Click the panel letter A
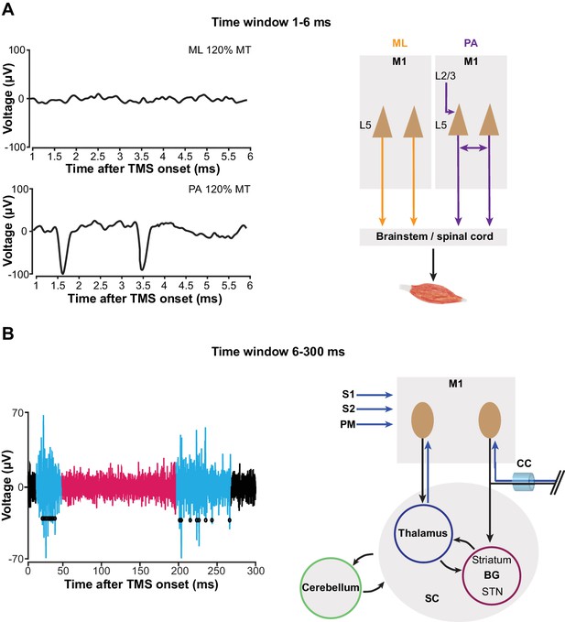tap(8, 9)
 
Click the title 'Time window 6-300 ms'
tap(278, 352)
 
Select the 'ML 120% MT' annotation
tap(220, 50)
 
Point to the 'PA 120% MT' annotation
tap(219, 190)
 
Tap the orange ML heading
tap(399, 43)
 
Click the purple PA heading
tap(471, 43)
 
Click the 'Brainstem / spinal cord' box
tap(433, 237)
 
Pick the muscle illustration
tap(432, 292)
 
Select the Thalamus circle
tap(423, 532)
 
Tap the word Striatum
tap(491, 560)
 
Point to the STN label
tap(492, 592)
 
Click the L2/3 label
tap(445, 76)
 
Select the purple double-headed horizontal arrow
tap(473, 148)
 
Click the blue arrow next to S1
tap(375, 395)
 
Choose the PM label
tap(347, 425)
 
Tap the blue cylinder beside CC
tap(524, 481)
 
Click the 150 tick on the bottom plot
tap(140, 571)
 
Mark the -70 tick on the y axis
tap(17, 559)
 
